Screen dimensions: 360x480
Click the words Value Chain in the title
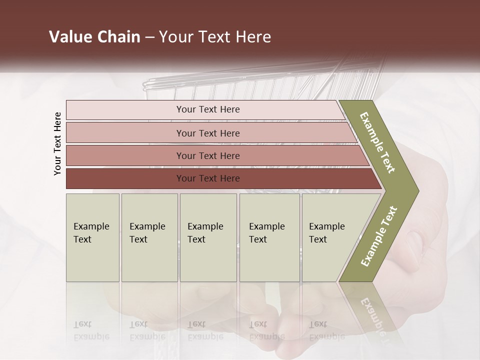pos(94,37)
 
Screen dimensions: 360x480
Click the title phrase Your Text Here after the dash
pos(215,37)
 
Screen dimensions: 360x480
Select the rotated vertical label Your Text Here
pos(57,143)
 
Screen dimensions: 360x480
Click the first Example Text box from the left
pos(92,237)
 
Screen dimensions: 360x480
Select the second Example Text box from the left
pos(149,237)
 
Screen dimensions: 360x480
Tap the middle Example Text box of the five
pos(208,237)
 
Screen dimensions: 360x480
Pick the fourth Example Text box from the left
pos(269,237)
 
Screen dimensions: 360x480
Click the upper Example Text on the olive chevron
pos(378,143)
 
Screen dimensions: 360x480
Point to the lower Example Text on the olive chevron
pos(378,236)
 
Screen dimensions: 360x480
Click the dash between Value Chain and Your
pos(149,37)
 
